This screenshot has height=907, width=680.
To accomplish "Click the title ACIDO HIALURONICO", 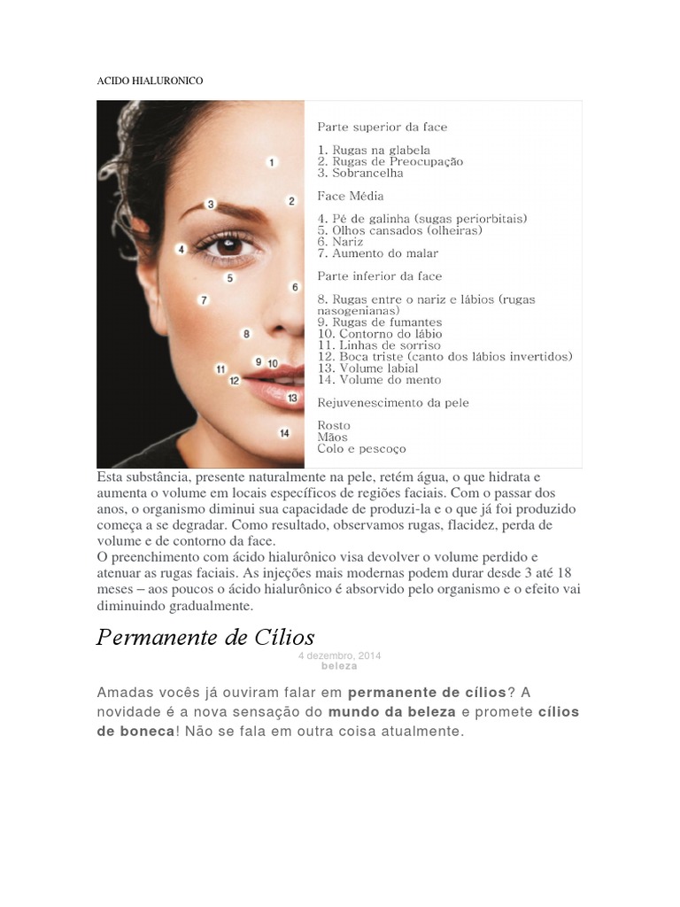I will [149, 81].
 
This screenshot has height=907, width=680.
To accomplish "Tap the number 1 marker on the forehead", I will [272, 162].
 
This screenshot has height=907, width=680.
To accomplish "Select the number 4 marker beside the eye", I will [181, 250].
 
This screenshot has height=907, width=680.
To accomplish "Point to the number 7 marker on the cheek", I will [204, 300].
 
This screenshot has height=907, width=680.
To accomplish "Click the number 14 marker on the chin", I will [284, 433].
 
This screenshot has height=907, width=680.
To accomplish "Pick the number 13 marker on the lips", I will [292, 399].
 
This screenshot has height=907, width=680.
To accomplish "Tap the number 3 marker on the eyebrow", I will [211, 204].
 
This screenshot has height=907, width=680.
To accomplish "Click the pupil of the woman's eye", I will [228, 244].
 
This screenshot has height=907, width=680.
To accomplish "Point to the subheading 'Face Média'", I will [351, 196].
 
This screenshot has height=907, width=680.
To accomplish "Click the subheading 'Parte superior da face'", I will [382, 127].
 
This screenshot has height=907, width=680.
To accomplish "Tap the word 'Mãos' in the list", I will [332, 437].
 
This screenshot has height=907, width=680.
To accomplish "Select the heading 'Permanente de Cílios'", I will [205, 637].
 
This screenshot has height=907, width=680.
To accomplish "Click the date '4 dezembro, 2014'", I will [340, 655].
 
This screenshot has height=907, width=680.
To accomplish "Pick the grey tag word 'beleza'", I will [340, 665].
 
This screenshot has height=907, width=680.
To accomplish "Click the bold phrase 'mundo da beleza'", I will [391, 711].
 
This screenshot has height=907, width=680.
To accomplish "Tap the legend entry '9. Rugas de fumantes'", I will [380, 322].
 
